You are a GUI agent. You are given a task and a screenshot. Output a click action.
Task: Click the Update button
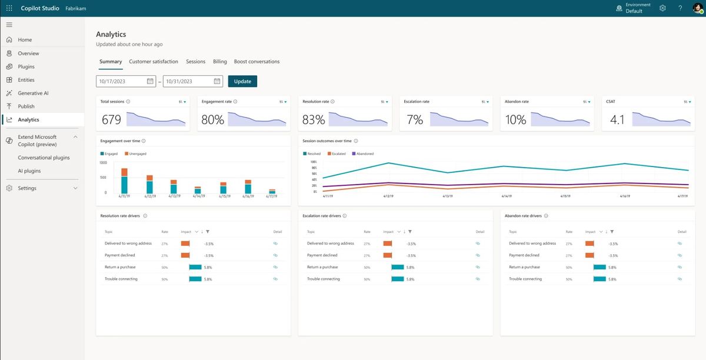pyautogui.click(x=242, y=81)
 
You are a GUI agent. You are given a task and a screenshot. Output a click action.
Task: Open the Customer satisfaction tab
pyautogui.click(x=154, y=61)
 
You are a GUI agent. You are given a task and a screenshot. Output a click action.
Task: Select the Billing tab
pyautogui.click(x=219, y=61)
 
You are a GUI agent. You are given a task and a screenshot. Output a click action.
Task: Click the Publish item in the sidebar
pyautogui.click(x=26, y=106)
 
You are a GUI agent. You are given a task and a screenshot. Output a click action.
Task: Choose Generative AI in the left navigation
pyautogui.click(x=33, y=93)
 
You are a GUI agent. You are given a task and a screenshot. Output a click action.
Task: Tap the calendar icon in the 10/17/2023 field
pyautogui.click(x=150, y=81)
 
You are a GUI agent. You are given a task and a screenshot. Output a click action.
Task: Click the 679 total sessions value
pyautogui.click(x=111, y=120)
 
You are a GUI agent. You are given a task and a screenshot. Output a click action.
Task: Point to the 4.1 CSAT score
pyautogui.click(x=617, y=120)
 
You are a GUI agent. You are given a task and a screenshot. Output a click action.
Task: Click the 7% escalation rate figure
pyautogui.click(x=415, y=120)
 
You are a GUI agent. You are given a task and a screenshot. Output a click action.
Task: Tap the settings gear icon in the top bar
pyautogui.click(x=662, y=8)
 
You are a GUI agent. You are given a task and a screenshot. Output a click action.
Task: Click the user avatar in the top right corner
pyautogui.click(x=697, y=8)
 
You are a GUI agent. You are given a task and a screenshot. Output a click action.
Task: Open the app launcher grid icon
pyautogui.click(x=9, y=8)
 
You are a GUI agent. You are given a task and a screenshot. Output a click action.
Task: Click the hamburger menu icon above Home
pyautogui.click(x=9, y=25)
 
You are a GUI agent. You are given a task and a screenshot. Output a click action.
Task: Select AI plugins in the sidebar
pyautogui.click(x=29, y=171)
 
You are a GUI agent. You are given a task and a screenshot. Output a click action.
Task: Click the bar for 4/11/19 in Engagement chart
pyautogui.click(x=124, y=181)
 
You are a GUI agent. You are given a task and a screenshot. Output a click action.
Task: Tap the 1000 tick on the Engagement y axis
pyautogui.click(x=103, y=162)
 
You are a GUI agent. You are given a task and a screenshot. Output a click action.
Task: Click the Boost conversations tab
pyautogui.click(x=257, y=61)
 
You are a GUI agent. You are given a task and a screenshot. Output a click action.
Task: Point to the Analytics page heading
pyautogui.click(x=111, y=34)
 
